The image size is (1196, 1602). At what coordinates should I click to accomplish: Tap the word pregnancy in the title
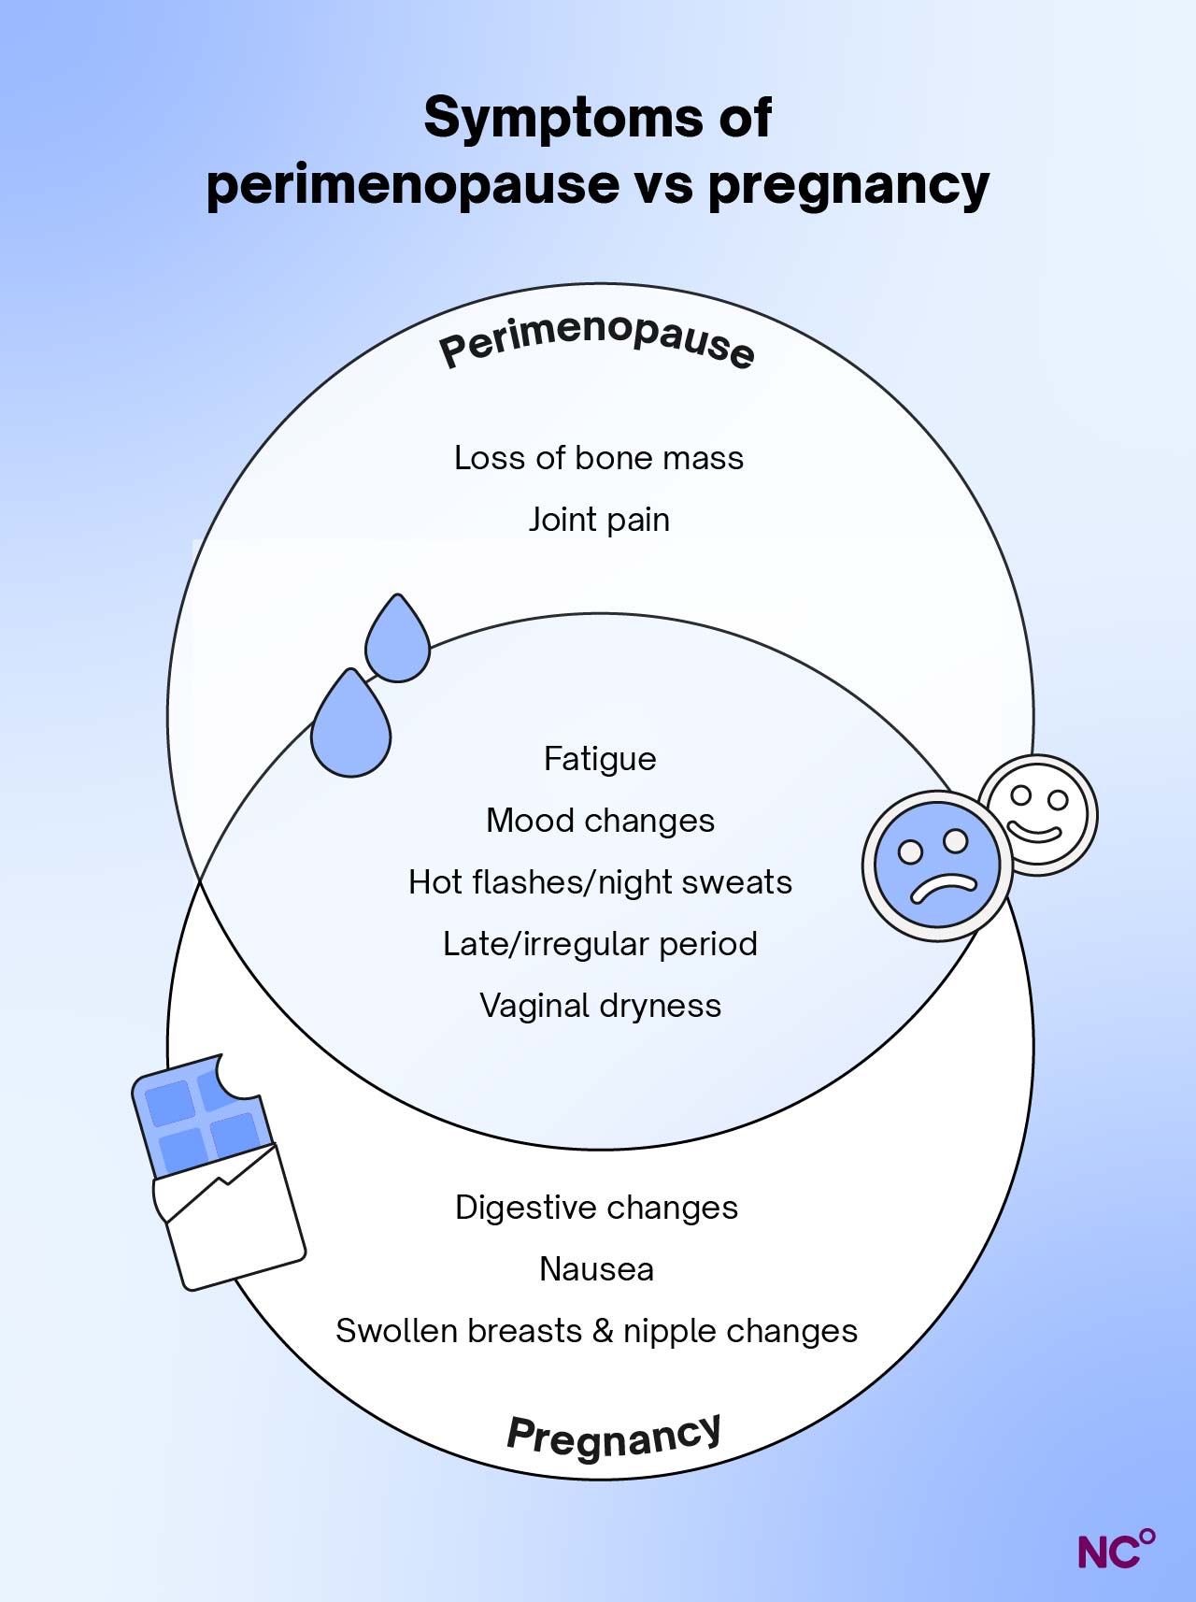(847, 185)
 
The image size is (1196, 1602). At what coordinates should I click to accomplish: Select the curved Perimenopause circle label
(596, 340)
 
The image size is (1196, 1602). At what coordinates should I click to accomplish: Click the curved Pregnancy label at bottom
(614, 1435)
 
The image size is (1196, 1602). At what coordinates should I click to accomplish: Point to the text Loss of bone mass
(599, 458)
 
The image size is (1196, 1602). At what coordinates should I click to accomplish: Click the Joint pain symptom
(599, 520)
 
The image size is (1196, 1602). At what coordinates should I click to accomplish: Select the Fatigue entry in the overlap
(600, 759)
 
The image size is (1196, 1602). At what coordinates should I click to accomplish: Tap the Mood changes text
(600, 821)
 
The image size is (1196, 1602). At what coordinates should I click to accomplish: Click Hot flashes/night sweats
(600, 882)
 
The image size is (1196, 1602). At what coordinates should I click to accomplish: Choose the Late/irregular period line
(600, 944)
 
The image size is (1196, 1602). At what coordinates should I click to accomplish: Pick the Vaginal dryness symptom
(600, 1006)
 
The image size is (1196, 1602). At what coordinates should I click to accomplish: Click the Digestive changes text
(596, 1208)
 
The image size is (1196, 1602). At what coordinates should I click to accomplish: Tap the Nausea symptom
(596, 1269)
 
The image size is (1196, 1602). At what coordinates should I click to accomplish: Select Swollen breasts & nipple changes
(596, 1331)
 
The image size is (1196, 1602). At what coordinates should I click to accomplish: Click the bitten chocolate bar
(220, 1173)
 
